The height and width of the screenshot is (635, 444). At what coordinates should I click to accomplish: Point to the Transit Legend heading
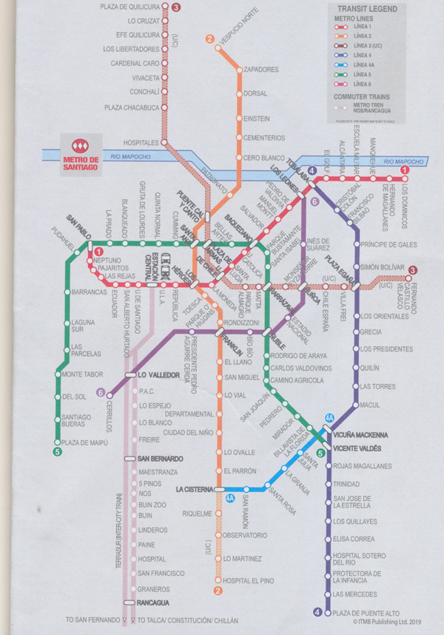tap(369, 9)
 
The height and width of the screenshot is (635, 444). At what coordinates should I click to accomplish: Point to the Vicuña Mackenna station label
tap(366, 434)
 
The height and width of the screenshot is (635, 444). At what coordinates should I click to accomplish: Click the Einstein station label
tap(256, 118)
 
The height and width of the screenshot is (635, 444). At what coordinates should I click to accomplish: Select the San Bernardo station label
tap(161, 459)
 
